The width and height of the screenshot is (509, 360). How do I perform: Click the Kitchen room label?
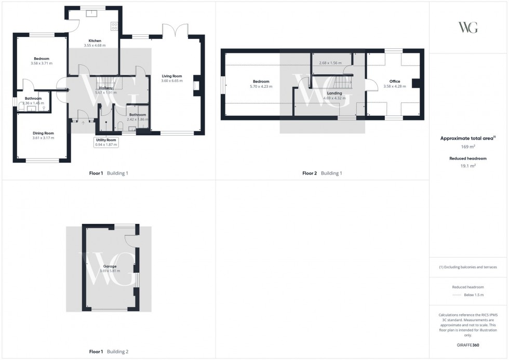(x=95, y=41)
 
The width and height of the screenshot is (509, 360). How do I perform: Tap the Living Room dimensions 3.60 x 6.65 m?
(x=172, y=81)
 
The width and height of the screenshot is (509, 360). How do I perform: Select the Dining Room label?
(x=43, y=133)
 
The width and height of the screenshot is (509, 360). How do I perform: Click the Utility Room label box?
(x=106, y=142)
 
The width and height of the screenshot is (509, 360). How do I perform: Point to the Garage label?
(x=109, y=266)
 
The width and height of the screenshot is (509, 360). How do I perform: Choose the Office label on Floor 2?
(x=395, y=82)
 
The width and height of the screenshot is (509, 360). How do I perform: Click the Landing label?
(x=334, y=93)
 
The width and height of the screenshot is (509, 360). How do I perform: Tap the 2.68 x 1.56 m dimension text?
(x=330, y=63)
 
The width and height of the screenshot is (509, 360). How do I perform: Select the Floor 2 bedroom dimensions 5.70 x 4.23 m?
(x=261, y=86)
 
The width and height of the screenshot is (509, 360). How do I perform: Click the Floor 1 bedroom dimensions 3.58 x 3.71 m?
(x=42, y=63)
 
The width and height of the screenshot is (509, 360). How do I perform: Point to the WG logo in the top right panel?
(x=468, y=28)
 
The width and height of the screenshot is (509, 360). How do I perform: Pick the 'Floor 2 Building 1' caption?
(x=322, y=173)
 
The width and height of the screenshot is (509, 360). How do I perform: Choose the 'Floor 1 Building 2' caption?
(x=109, y=352)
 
